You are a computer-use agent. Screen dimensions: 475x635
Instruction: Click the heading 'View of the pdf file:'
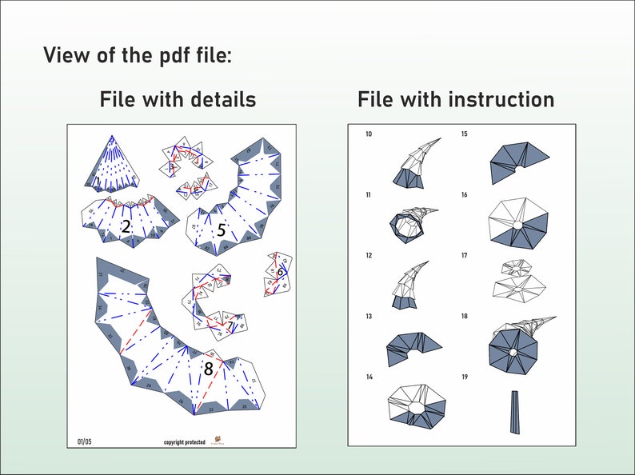137,56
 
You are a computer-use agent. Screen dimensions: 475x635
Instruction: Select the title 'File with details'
178,100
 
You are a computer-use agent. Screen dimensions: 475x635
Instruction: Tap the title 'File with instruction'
455,100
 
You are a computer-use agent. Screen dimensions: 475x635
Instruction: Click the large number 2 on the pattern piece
126,227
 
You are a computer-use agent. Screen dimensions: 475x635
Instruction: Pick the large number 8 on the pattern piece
208,369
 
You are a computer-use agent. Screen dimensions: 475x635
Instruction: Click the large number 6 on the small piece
281,272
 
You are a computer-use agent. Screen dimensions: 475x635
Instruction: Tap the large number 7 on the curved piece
230,326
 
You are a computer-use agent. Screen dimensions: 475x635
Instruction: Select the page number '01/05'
84,440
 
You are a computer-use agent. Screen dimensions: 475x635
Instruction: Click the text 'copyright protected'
184,441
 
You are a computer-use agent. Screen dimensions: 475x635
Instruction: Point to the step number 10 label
368,134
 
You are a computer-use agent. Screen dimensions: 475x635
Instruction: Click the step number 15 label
465,134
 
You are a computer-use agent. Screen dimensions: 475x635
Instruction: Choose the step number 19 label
465,377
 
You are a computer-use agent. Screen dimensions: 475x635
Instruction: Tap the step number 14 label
368,377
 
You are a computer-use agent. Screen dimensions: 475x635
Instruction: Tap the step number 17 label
465,256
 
